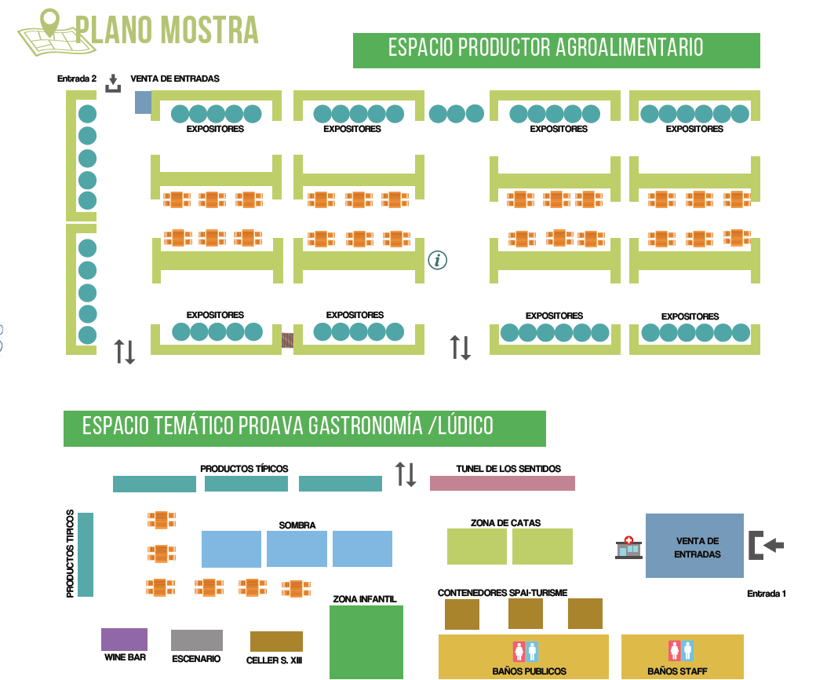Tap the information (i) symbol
pyautogui.click(x=438, y=260)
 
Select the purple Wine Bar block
pyautogui.click(x=124, y=639)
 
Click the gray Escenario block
pyautogui.click(x=196, y=640)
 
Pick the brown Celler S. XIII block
pyautogui.click(x=276, y=642)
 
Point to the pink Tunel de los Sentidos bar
pyautogui.click(x=502, y=483)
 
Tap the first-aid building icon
pyautogui.click(x=628, y=547)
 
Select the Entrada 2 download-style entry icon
pyautogui.click(x=114, y=83)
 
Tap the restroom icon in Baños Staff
pyautogui.click(x=680, y=650)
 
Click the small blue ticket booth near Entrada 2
pyautogui.click(x=143, y=102)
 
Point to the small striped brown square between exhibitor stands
pyautogui.click(x=287, y=340)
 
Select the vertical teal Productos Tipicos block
pyautogui.click(x=86, y=554)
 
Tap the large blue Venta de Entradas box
pyautogui.click(x=694, y=546)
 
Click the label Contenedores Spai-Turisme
pyautogui.click(x=502, y=593)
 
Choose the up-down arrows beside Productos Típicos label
pyautogui.click(x=406, y=473)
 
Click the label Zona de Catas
pyautogui.click(x=505, y=522)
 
